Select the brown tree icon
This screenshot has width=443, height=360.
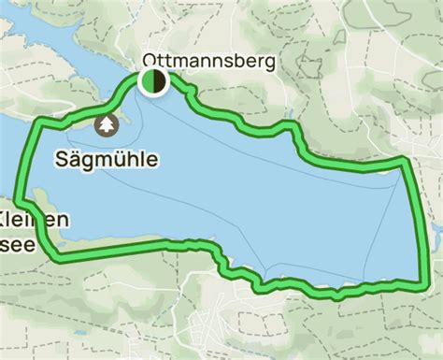[107, 124]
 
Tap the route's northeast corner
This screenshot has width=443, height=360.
[405, 161]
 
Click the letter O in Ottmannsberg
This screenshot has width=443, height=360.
[149, 62]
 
